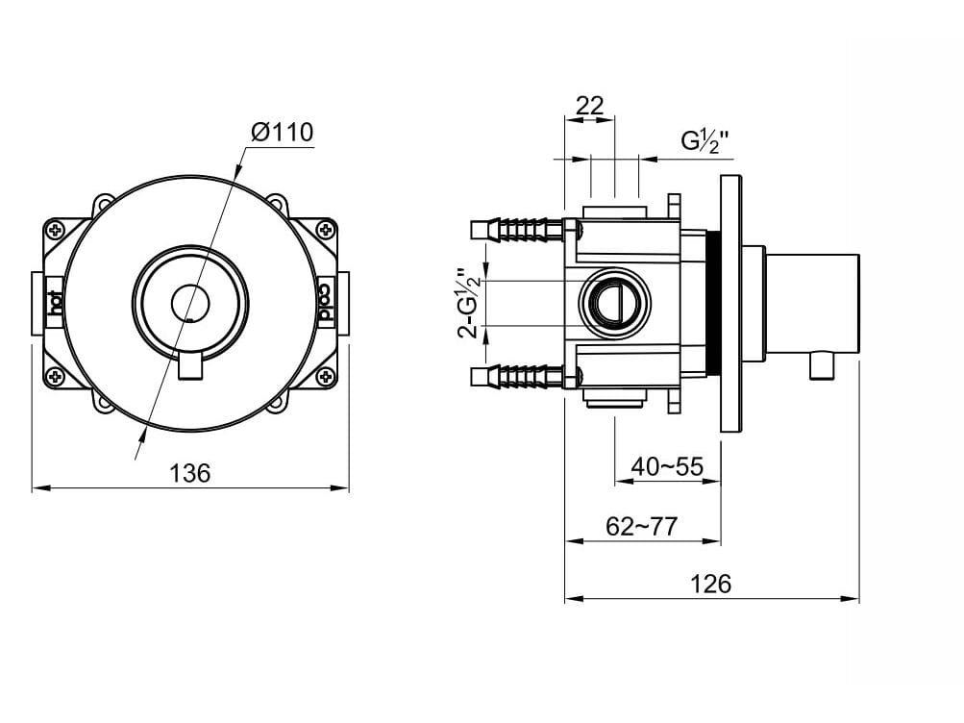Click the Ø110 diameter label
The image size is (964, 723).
coord(283,132)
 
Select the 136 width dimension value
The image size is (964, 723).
coord(189,473)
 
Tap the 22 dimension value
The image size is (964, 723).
coord(589,106)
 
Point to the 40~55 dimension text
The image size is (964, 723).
coord(667,466)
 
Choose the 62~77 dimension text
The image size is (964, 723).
coord(641,526)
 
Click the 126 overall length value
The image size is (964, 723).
coord(711,584)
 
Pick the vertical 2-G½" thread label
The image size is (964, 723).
coord(469,304)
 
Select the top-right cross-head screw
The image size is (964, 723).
coord(326,231)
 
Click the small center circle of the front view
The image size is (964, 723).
coord(190,303)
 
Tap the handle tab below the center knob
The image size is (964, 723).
coord(190,366)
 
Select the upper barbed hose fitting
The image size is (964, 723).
coord(519,231)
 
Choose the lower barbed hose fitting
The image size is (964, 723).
coord(519,376)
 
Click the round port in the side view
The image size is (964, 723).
coord(613,303)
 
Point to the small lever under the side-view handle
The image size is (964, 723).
coord(823,365)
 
